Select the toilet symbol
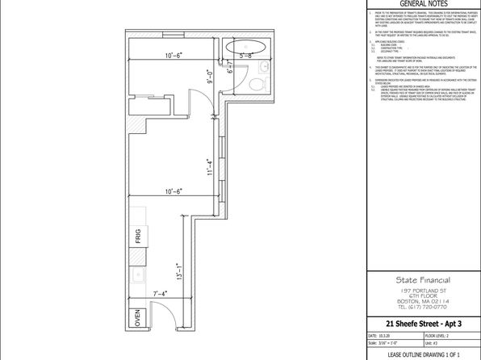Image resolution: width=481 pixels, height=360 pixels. (x=254, y=84)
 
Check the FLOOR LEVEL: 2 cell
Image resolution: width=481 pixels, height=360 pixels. (x=440, y=335)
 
